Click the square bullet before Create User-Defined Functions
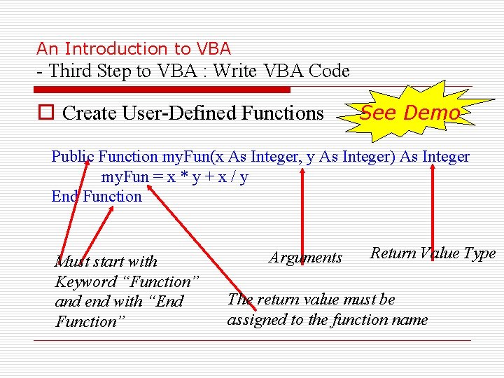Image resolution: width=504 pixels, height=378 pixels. pyautogui.click(x=46, y=113)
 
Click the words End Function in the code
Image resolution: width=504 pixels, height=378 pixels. pyautogui.click(x=97, y=197)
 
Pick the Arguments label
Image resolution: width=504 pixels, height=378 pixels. pyautogui.click(x=306, y=258)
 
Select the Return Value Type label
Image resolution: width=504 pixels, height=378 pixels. pyautogui.click(x=433, y=253)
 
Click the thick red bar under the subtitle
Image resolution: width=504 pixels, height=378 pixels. pyautogui.click(x=162, y=90)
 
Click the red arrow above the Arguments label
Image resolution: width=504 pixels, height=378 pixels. pyautogui.click(x=302, y=210)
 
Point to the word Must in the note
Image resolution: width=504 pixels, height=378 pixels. pyautogui.click(x=69, y=262)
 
